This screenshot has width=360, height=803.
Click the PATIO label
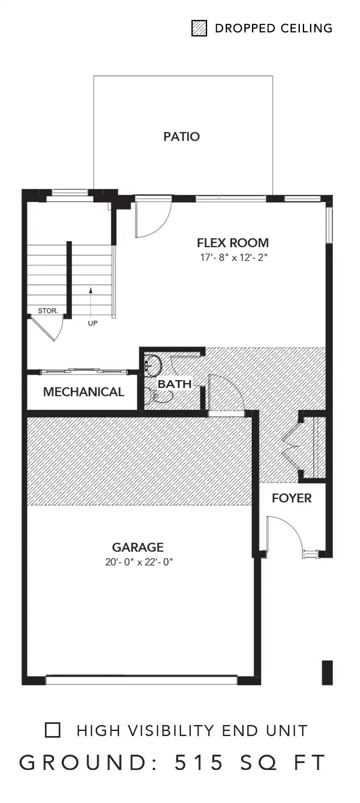coord(181,136)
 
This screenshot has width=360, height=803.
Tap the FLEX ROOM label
coord(233,243)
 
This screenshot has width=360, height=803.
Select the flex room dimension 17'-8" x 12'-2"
coord(234,257)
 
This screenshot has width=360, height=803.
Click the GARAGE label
coord(138,547)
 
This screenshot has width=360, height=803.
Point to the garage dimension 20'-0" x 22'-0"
coord(139,562)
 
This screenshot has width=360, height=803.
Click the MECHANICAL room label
coord(83,392)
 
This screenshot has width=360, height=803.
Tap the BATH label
coord(174,384)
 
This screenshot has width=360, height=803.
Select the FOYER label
coord(291,498)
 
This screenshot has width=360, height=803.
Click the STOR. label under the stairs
coord(48,311)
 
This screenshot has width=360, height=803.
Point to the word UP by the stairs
coord(92,323)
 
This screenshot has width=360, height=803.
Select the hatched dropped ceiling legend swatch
coord(199,28)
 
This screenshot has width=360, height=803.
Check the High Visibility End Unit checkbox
coord(53,730)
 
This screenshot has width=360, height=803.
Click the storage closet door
coord(45,327)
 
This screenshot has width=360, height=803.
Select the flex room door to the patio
coord(152,220)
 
